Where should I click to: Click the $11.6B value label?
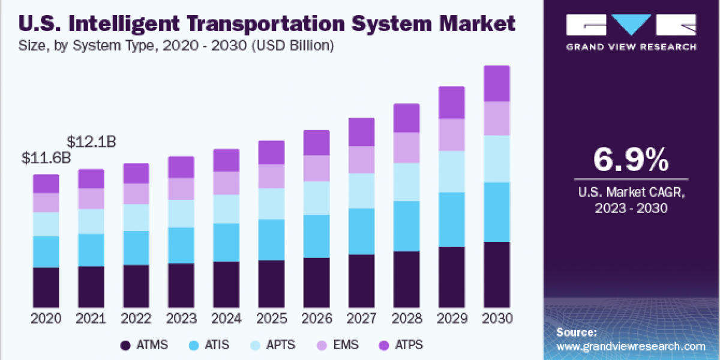[x=46, y=159]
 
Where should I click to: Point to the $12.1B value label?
[x=91, y=142]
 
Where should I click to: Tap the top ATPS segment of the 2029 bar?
[x=451, y=103]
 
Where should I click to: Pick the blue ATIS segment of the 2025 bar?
[x=271, y=239]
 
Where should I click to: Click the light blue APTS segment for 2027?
[x=361, y=191]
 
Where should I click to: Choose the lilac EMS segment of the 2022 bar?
[x=136, y=193]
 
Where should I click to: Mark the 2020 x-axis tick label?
[x=46, y=319]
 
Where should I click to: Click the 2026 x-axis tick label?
[x=316, y=319]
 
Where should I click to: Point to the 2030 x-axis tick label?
[x=496, y=319]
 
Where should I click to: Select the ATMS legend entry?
[x=144, y=345]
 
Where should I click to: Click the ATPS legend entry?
[x=402, y=345]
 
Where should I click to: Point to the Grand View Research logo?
[x=631, y=31]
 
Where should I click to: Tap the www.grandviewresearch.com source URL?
[x=631, y=346]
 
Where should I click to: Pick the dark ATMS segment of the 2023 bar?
[x=181, y=285]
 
